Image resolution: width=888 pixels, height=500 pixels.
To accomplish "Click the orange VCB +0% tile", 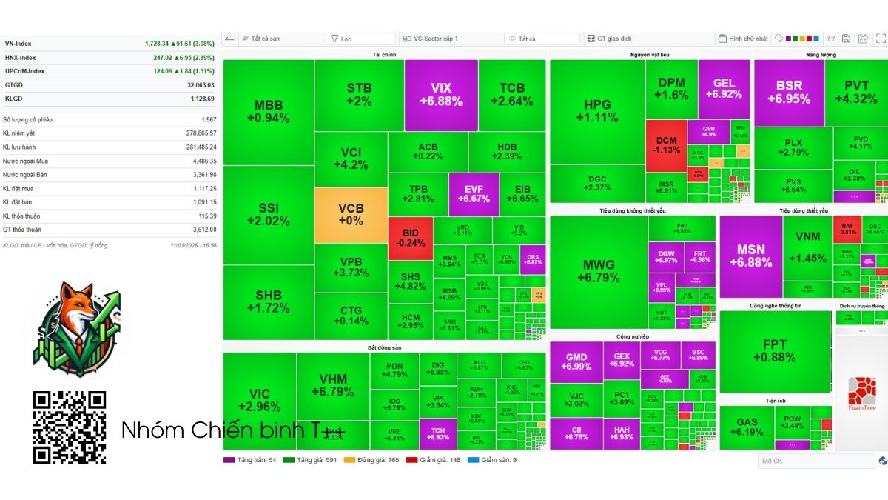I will click(351, 215).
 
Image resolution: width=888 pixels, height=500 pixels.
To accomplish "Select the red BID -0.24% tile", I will click(410, 238).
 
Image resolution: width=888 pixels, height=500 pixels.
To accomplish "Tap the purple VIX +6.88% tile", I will click(441, 95).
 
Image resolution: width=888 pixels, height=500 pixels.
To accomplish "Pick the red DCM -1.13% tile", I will click(666, 144).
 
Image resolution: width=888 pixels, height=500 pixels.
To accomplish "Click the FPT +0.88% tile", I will click(775, 351).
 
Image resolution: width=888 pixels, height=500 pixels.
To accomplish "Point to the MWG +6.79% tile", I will click(599, 271).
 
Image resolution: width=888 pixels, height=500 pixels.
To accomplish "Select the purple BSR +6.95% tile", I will click(789, 93).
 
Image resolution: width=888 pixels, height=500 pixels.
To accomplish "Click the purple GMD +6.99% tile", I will click(576, 361).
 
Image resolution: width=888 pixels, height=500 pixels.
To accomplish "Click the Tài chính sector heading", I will click(383, 55).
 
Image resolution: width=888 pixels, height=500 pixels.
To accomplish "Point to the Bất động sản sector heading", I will click(384, 347).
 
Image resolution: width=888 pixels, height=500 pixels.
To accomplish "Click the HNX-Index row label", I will click(20, 58).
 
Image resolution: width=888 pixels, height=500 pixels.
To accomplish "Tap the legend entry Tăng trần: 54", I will click(251, 460).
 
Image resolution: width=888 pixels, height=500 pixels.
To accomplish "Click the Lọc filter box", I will click(360, 39).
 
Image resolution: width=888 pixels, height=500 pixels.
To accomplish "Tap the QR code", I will click(70, 427).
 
